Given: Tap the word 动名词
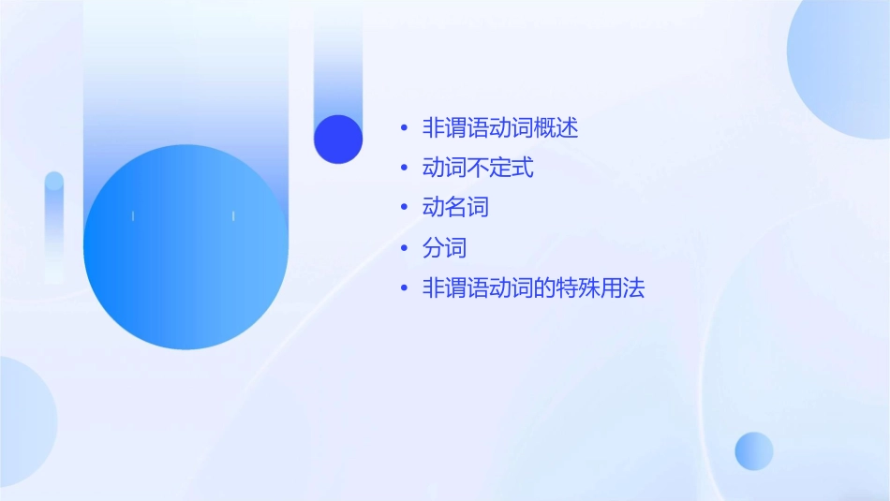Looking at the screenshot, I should (x=455, y=208).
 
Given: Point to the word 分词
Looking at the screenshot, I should (x=444, y=248).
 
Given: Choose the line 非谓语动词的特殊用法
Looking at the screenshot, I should (x=534, y=288).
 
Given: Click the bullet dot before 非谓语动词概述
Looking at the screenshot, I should (x=404, y=128).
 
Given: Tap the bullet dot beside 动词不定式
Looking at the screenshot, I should (x=404, y=169).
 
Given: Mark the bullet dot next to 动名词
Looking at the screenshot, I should (x=404, y=208).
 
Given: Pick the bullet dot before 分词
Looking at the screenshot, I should (x=404, y=248).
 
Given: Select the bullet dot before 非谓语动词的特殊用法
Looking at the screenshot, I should (x=404, y=288).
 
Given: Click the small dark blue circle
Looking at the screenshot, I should (x=338, y=139).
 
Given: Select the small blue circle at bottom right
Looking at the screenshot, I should (x=754, y=450).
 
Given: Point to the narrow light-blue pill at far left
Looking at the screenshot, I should (x=54, y=225).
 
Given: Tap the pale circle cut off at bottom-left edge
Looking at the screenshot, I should (x=23, y=421).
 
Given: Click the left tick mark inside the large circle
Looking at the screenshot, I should (x=133, y=216).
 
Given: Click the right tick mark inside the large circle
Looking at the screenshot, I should (x=233, y=216).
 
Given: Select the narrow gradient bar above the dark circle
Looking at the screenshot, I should (x=338, y=66).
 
